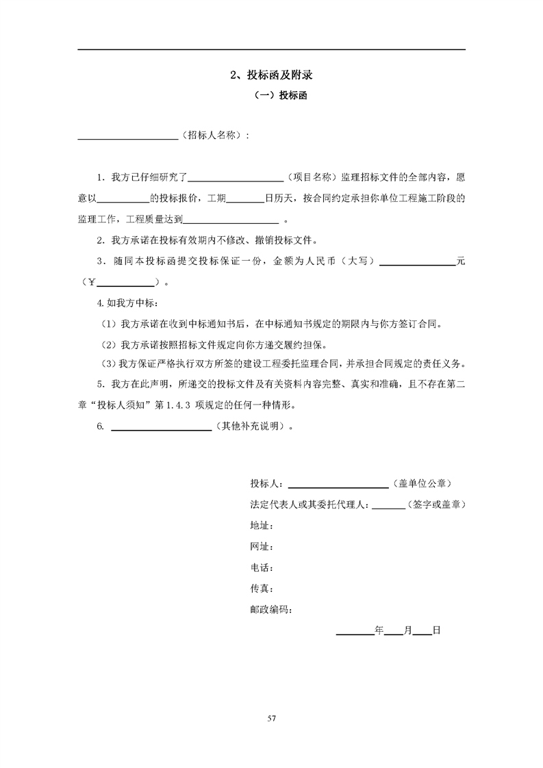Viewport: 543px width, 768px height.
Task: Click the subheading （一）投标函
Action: (x=271, y=96)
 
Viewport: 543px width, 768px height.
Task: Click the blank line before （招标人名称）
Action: (x=128, y=136)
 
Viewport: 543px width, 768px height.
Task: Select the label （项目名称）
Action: (x=310, y=177)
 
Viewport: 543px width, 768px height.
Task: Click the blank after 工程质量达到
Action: (x=231, y=221)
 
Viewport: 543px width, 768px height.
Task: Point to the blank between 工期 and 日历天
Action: (x=244, y=200)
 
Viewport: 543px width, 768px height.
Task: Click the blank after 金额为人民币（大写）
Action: (x=418, y=263)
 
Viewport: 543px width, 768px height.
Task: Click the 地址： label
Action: (x=262, y=526)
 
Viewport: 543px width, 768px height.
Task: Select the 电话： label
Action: (x=262, y=567)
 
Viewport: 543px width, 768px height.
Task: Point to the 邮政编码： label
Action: (x=271, y=609)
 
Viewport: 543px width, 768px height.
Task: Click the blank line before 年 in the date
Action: (x=354, y=632)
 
